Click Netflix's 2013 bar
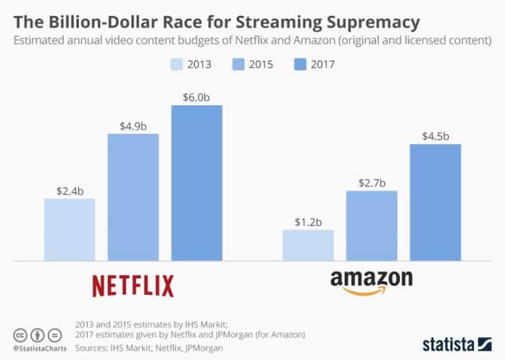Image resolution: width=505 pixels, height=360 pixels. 69,229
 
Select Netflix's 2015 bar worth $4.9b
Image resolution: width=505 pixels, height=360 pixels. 133,197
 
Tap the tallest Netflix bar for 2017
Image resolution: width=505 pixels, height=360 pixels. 197,182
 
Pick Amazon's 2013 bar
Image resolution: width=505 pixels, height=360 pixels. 308,245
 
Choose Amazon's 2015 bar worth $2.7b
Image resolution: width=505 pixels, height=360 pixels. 372,225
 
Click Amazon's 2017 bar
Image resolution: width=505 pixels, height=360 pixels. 435,202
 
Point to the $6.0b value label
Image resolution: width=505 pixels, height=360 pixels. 197,96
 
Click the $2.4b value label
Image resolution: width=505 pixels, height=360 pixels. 69,191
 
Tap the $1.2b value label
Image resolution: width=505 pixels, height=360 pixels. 308,222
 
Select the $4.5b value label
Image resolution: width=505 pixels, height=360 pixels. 435,136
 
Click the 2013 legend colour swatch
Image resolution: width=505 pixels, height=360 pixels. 175,64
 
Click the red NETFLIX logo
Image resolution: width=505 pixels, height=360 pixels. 133,286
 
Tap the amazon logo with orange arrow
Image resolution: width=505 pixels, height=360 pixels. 372,280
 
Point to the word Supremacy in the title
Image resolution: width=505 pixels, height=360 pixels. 362,22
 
